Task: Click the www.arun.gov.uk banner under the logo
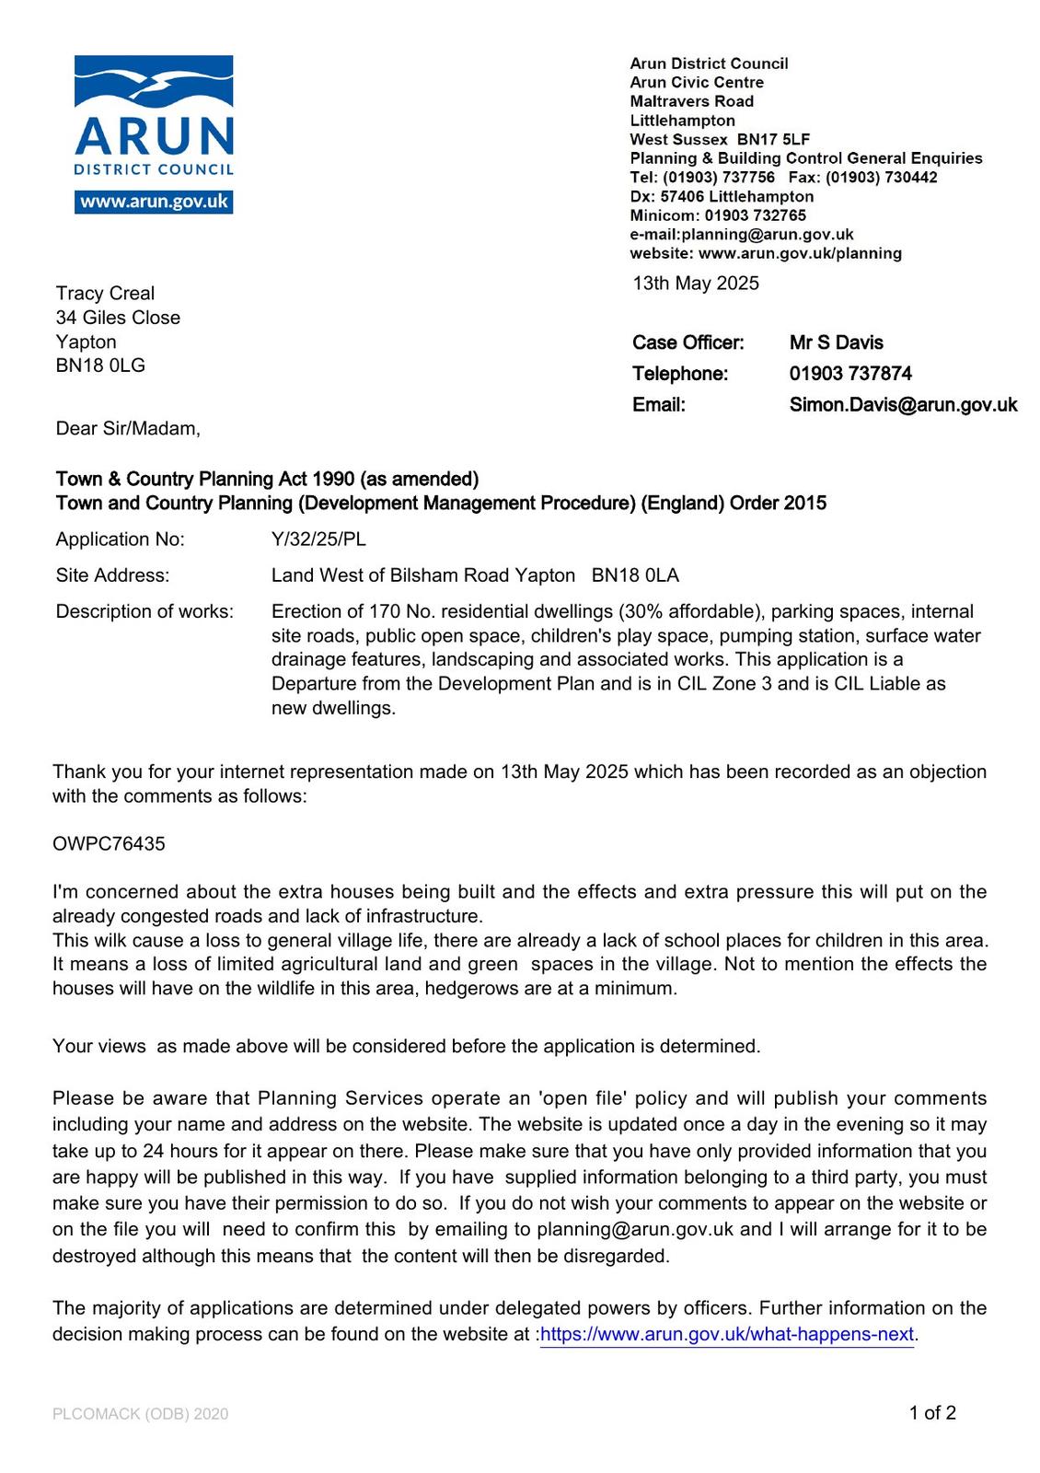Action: [154, 202]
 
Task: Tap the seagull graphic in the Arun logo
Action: [154, 83]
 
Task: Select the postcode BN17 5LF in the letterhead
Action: [773, 139]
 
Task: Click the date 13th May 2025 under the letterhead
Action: [696, 284]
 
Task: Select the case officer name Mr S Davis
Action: [836, 342]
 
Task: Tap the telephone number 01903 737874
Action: [850, 374]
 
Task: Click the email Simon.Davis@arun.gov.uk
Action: [903, 405]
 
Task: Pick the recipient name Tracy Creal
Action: [105, 294]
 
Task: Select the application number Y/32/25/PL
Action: [318, 539]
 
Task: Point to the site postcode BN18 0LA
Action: [635, 575]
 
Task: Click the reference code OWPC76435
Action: [109, 844]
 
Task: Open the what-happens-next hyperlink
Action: [727, 1335]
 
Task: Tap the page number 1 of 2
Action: [932, 1413]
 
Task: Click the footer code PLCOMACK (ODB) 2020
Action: [140, 1414]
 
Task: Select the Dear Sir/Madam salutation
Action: [128, 429]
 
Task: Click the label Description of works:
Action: [144, 612]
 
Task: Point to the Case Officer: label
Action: [688, 342]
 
